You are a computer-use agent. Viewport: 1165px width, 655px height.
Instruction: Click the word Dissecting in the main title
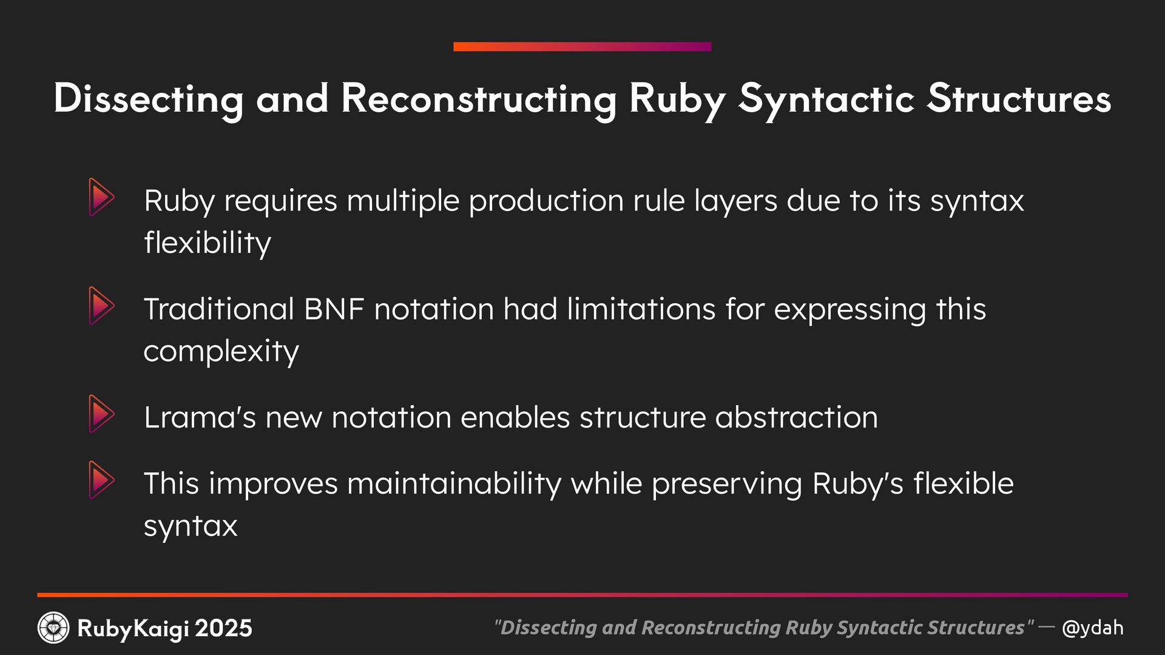148,99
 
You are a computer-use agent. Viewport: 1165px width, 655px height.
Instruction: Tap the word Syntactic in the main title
826,99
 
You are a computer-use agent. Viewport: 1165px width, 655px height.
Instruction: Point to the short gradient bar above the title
582,47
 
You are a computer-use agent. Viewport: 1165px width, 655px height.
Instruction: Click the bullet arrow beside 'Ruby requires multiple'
101,197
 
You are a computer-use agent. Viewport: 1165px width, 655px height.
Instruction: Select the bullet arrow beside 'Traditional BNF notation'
101,306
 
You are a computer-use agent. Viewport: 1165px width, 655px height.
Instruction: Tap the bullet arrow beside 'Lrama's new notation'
101,414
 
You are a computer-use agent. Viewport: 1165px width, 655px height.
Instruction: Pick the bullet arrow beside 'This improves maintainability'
101,480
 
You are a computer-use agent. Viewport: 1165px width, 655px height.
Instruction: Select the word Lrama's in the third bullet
200,417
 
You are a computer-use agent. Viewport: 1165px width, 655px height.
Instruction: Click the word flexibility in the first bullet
208,243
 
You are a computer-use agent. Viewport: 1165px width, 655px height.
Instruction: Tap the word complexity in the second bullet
221,352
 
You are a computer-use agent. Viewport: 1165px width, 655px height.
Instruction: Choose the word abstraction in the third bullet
796,417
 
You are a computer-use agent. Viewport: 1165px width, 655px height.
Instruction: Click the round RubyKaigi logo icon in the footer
53,628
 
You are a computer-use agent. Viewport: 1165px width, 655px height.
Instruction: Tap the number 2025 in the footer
223,628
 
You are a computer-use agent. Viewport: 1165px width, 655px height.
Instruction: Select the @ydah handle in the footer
1092,628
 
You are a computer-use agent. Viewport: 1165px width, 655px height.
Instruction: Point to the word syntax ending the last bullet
191,526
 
